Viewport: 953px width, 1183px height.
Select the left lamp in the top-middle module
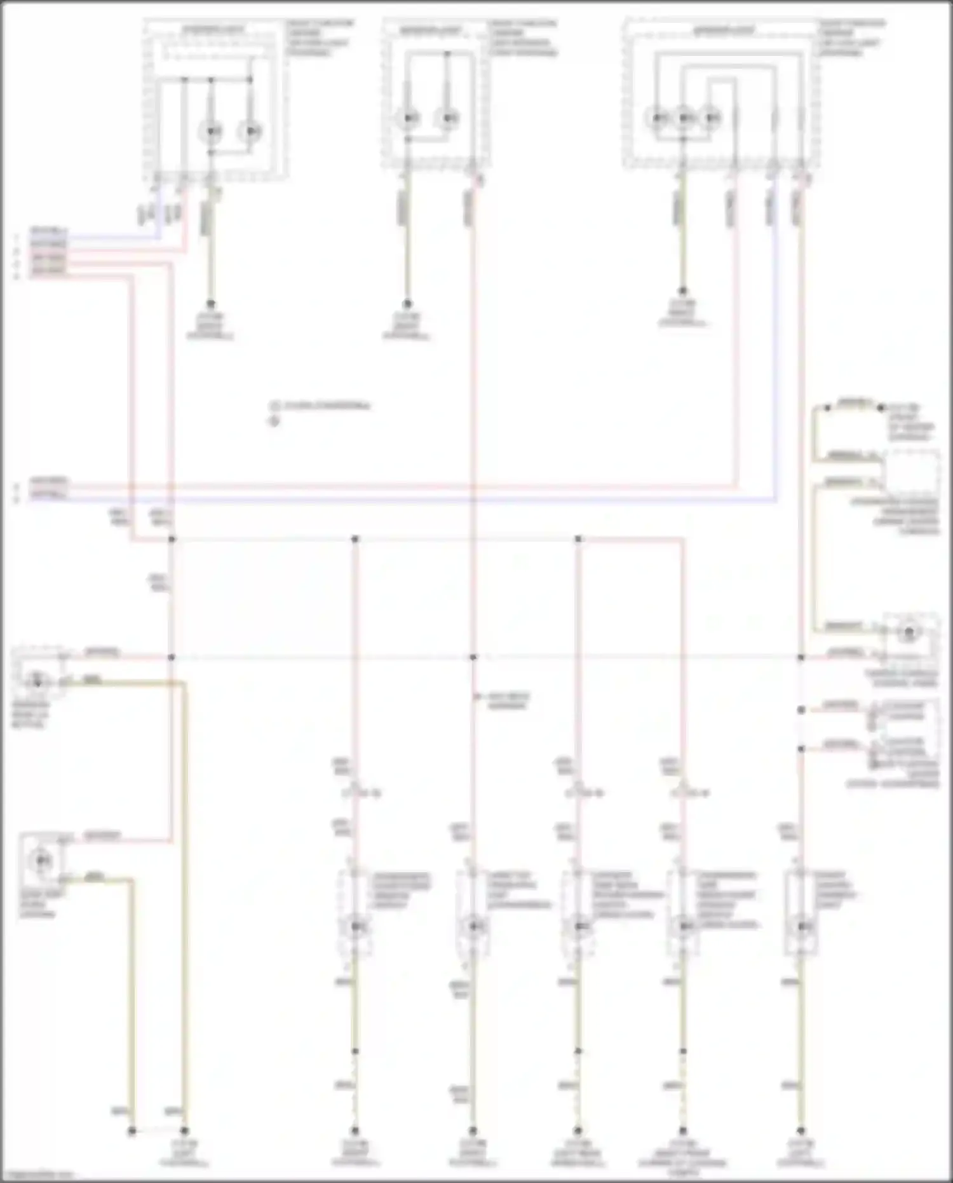[x=408, y=118]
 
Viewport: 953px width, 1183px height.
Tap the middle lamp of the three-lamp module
[x=684, y=118]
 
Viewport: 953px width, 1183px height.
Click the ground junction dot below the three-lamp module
[x=683, y=291]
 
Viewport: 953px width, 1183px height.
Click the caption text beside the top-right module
[x=851, y=38]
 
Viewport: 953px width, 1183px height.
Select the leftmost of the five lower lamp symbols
[x=356, y=927]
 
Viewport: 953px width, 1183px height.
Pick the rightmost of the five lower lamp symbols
[x=801, y=927]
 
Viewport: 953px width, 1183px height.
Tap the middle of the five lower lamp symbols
[x=578, y=927]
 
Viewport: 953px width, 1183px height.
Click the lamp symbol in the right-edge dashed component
[x=909, y=632]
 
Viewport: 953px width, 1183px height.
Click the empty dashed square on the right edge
[x=912, y=473]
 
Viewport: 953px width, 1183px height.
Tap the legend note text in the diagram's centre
[x=321, y=406]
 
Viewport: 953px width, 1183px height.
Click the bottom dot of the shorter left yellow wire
[x=132, y=1131]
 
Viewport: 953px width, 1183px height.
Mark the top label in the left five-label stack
[x=48, y=230]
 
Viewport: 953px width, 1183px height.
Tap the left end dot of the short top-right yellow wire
[x=828, y=407]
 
